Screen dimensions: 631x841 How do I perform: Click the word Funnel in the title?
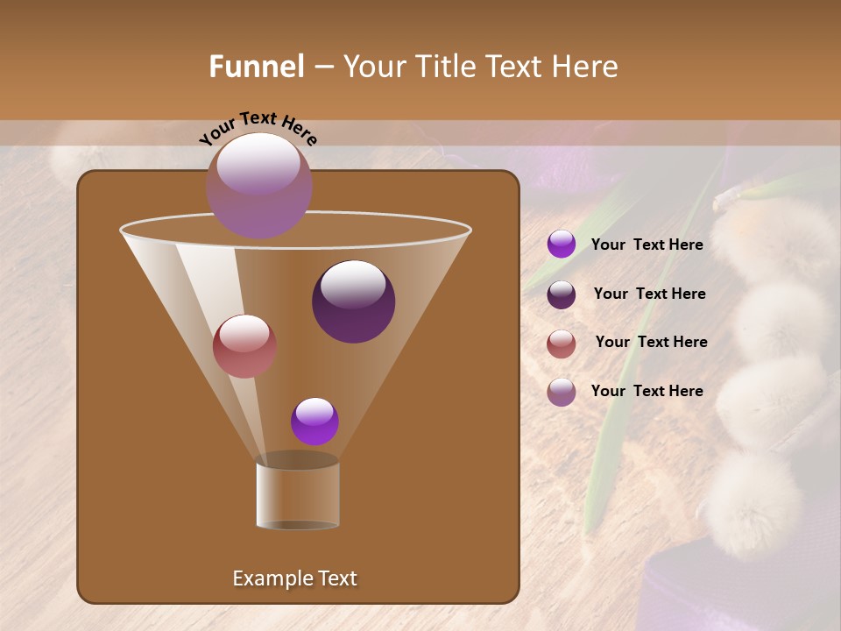click(257, 67)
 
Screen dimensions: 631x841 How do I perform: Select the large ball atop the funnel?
click(258, 185)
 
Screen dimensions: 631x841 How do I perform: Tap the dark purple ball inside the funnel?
click(353, 302)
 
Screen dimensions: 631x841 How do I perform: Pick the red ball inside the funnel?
click(244, 346)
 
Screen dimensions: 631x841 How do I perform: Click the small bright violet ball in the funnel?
click(314, 422)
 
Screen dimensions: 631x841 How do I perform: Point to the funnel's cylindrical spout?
click(298, 495)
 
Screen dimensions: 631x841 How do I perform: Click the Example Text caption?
click(294, 578)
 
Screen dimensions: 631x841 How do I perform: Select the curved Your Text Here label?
click(258, 128)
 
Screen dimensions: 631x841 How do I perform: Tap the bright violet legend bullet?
click(562, 245)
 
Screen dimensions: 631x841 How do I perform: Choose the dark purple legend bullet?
click(562, 294)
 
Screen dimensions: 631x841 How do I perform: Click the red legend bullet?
click(562, 343)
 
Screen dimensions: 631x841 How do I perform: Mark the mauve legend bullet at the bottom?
click(562, 392)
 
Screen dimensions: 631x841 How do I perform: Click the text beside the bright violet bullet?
click(647, 245)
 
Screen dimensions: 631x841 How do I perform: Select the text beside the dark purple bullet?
click(649, 294)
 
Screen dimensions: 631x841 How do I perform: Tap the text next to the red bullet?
click(651, 342)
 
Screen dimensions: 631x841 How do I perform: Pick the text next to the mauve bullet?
click(647, 391)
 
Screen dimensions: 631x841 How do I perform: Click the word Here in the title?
click(586, 67)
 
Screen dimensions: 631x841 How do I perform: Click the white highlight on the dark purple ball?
click(354, 284)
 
